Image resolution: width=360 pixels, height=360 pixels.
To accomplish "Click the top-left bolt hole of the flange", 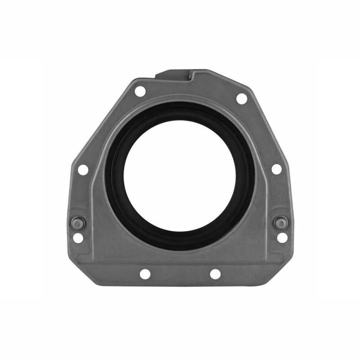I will click(140, 91).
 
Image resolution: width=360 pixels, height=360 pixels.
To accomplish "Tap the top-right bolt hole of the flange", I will click(242, 99).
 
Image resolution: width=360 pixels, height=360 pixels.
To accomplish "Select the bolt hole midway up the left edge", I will click(83, 170).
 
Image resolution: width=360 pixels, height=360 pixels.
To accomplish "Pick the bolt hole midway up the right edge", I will click(277, 169).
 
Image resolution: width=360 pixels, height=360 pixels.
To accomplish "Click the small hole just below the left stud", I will click(78, 238).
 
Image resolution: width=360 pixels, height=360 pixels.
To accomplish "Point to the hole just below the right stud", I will click(282, 238).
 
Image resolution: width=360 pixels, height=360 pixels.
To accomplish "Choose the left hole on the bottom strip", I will click(145, 274).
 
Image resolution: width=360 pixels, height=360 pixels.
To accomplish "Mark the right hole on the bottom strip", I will click(215, 274).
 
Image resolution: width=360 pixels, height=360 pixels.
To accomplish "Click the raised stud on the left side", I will click(77, 222).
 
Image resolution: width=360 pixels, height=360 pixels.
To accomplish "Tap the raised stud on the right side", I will click(280, 222).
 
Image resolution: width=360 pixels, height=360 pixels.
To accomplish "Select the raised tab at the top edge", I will click(173, 74).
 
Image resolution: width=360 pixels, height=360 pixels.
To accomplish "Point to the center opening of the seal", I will click(180, 173).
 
